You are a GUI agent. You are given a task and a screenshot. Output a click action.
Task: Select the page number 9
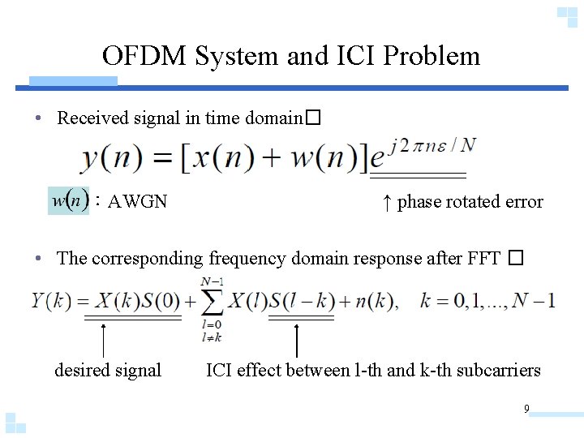(x=526, y=409)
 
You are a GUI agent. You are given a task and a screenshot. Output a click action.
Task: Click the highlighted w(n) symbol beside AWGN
(x=68, y=200)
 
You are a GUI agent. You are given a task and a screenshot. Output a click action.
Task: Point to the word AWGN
(x=138, y=202)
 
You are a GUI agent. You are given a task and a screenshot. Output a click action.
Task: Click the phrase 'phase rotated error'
(x=470, y=202)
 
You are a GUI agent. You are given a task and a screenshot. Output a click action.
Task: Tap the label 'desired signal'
(x=108, y=371)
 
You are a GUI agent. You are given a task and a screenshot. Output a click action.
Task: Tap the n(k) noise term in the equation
(x=372, y=302)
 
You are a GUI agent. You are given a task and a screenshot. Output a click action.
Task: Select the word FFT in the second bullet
(x=484, y=260)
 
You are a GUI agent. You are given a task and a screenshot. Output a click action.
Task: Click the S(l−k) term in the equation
(x=302, y=302)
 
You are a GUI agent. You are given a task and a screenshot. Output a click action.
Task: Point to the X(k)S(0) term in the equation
(x=133, y=302)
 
